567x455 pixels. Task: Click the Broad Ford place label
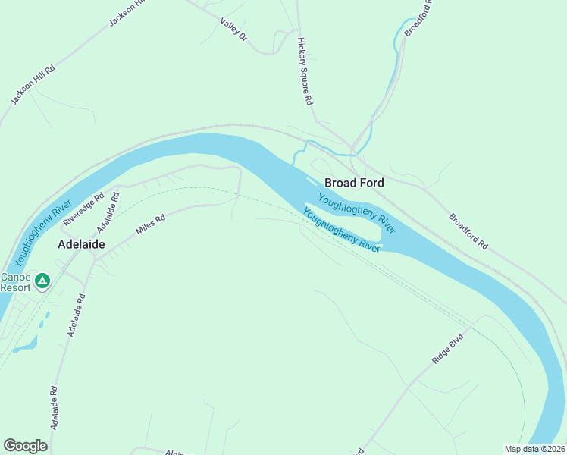(x=354, y=183)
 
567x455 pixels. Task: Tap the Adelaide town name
(x=81, y=244)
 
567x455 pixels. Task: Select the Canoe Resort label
(x=15, y=282)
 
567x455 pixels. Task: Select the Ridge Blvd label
(x=447, y=350)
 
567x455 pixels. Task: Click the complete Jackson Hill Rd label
(x=33, y=84)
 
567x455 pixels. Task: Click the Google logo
(x=26, y=446)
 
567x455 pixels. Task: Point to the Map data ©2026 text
(x=534, y=449)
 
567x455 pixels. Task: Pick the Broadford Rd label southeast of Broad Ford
(x=468, y=231)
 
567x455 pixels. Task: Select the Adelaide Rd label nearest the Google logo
(x=55, y=408)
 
